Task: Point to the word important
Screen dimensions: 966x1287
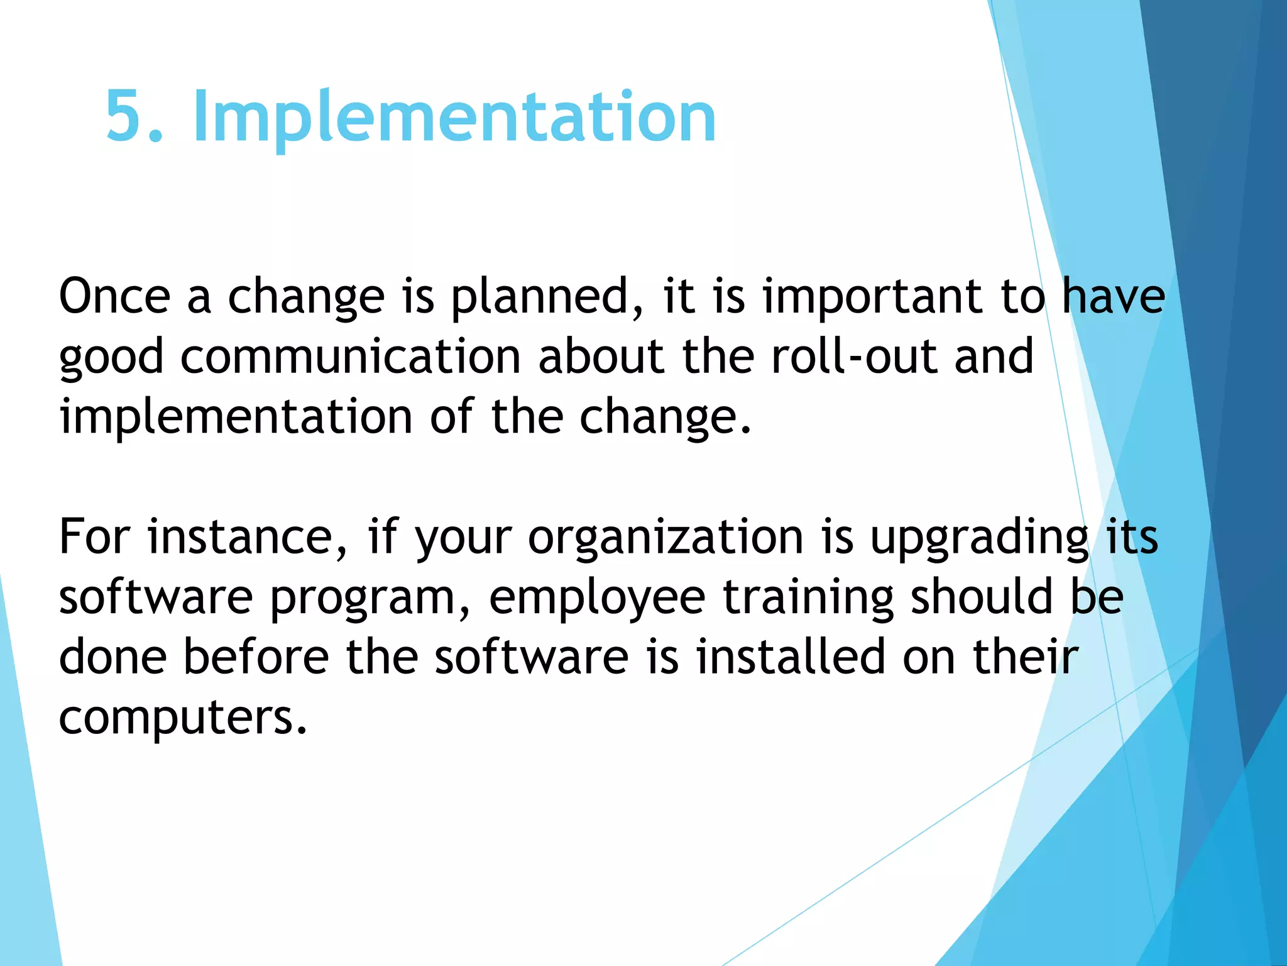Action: (x=872, y=297)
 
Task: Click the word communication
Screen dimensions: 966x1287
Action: (x=351, y=357)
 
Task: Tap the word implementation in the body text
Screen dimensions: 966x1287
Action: (x=236, y=417)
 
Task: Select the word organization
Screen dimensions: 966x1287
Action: (x=665, y=538)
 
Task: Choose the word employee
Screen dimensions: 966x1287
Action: (x=597, y=598)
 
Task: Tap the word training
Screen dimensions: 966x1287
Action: (x=808, y=598)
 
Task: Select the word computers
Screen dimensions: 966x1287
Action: (x=183, y=718)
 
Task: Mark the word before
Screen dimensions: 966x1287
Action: (x=256, y=657)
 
